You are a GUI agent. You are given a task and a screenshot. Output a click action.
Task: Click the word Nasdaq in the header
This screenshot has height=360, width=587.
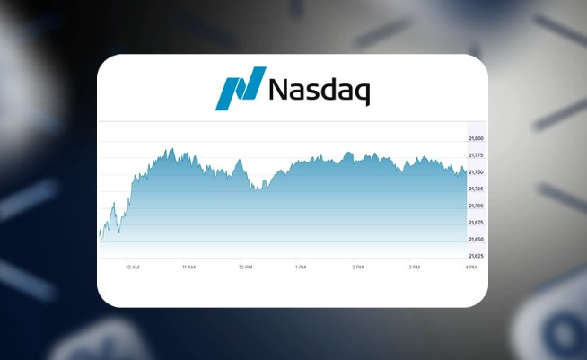pyautogui.click(x=320, y=90)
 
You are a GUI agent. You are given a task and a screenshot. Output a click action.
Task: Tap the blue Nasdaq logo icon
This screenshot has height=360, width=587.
pyautogui.click(x=241, y=88)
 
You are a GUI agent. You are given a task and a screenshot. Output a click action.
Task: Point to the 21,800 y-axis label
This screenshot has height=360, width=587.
pyautogui.click(x=476, y=138)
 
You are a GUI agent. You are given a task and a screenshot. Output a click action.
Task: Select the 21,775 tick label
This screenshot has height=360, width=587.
pyautogui.click(x=476, y=155)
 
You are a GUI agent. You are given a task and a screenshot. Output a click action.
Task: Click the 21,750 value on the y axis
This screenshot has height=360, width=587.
pyautogui.click(x=476, y=172)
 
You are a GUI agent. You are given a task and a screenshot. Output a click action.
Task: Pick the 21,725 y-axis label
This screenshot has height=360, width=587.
pyautogui.click(x=476, y=189)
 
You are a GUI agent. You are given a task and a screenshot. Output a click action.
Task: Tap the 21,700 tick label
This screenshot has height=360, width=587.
pyautogui.click(x=476, y=206)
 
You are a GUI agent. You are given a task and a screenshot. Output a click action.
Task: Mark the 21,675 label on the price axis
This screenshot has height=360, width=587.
pyautogui.click(x=476, y=223)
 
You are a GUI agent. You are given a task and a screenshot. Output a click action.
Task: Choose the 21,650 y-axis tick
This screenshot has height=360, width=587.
pyautogui.click(x=476, y=240)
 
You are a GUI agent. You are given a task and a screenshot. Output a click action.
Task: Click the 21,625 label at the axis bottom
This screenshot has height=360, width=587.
pyautogui.click(x=476, y=256)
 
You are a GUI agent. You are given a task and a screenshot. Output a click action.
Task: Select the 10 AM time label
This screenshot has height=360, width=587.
pyautogui.click(x=133, y=268)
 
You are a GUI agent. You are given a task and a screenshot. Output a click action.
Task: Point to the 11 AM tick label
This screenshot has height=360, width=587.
pyautogui.click(x=188, y=268)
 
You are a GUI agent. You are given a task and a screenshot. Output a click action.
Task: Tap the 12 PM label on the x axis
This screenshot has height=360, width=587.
pyautogui.click(x=244, y=268)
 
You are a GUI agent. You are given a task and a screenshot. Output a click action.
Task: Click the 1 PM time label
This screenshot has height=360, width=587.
pyautogui.click(x=301, y=268)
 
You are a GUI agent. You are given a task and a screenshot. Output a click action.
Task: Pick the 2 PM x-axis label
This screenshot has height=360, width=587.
pyautogui.click(x=357, y=268)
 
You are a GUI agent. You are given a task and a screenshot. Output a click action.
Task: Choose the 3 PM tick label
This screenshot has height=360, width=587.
pyautogui.click(x=414, y=268)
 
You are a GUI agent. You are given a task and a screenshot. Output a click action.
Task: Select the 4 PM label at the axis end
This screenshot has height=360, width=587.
pyautogui.click(x=470, y=268)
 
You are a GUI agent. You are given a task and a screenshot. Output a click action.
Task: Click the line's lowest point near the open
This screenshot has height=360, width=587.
pyautogui.click(x=101, y=240)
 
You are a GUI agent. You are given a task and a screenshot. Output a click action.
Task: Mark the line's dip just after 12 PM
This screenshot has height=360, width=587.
pyautogui.click(x=256, y=189)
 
